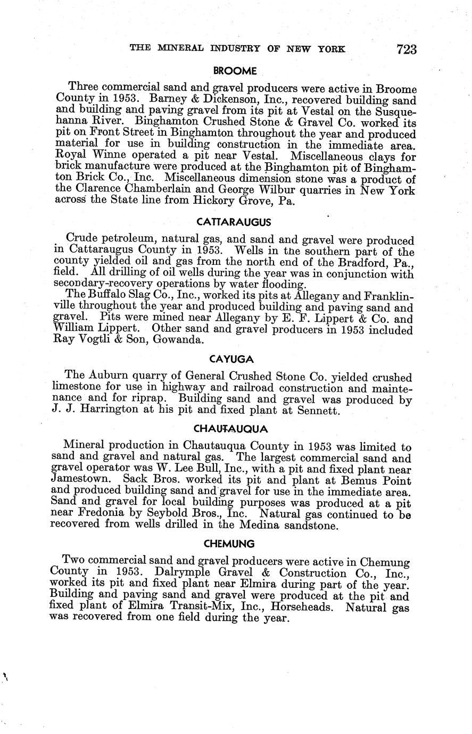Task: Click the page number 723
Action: pos(406,50)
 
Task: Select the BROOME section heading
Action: pos(235,71)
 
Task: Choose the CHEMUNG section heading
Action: pos(229,544)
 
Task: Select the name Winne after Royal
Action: pos(102,157)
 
